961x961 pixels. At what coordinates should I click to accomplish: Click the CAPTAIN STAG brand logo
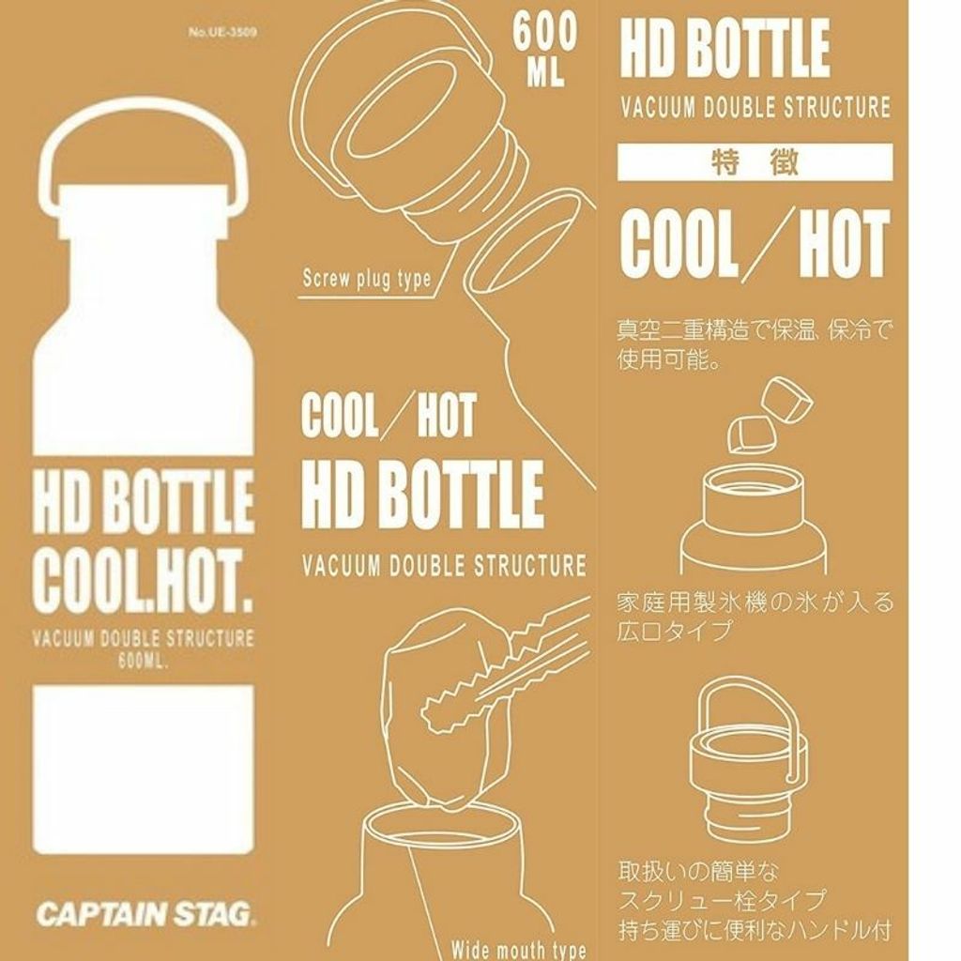145,914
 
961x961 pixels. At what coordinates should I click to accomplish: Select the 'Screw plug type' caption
367,279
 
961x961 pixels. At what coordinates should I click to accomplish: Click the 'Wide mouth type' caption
518,950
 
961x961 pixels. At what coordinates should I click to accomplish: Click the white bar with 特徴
755,162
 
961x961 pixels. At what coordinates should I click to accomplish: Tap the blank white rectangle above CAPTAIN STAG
144,770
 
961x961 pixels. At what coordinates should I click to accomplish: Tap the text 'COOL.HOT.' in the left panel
144,580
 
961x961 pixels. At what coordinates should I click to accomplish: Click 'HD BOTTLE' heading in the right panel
725,48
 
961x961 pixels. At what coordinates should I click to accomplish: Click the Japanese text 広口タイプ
674,630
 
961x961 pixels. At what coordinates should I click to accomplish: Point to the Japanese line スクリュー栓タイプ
722,900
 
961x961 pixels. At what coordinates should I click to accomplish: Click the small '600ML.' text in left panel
143,662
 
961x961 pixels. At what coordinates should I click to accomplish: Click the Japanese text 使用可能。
668,359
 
